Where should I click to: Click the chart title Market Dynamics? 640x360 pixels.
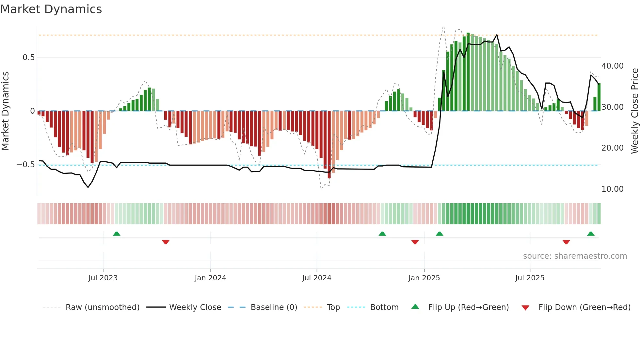coord(51,9)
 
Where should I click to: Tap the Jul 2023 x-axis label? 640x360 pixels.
coord(103,278)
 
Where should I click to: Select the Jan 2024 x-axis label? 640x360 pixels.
coord(210,278)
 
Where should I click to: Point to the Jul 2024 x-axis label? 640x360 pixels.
coord(317,278)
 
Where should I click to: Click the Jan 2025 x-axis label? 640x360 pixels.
coord(424,278)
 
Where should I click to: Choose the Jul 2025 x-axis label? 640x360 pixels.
coord(530,278)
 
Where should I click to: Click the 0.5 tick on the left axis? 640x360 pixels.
coord(28,57)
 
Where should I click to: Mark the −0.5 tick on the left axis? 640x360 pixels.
coord(26,165)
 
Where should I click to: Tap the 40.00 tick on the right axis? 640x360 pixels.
coord(613,66)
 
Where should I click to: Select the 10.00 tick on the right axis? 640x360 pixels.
coord(613,189)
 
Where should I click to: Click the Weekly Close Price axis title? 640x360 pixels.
coord(634,111)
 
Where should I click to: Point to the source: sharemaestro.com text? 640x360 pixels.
coord(575,256)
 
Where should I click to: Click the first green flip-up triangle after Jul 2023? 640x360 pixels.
coord(117,234)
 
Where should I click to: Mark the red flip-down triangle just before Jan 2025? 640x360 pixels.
coord(415,242)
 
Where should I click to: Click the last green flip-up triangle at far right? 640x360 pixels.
coord(591,234)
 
